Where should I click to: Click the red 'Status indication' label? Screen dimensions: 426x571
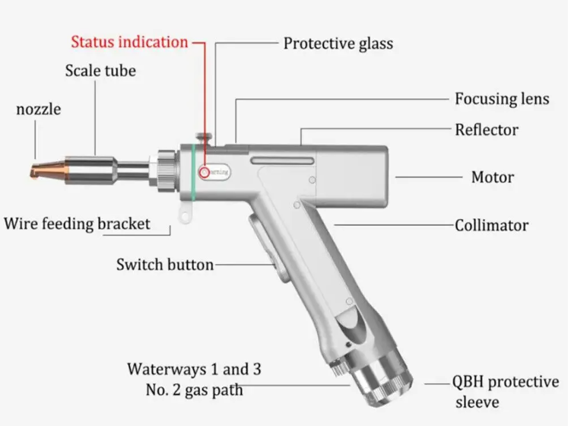click(x=129, y=42)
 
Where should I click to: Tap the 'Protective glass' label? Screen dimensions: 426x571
click(x=338, y=43)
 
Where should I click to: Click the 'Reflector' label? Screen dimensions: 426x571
click(x=487, y=129)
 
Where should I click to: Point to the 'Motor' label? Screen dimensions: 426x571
click(x=493, y=177)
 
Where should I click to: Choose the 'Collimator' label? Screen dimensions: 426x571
click(x=502, y=225)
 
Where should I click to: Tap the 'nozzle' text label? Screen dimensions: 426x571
click(x=38, y=110)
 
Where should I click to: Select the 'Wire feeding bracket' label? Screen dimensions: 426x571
click(x=77, y=224)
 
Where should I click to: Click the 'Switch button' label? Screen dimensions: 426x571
click(x=164, y=265)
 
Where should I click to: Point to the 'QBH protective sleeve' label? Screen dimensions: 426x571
click(x=506, y=391)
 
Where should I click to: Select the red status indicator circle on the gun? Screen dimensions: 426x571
click(x=203, y=173)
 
